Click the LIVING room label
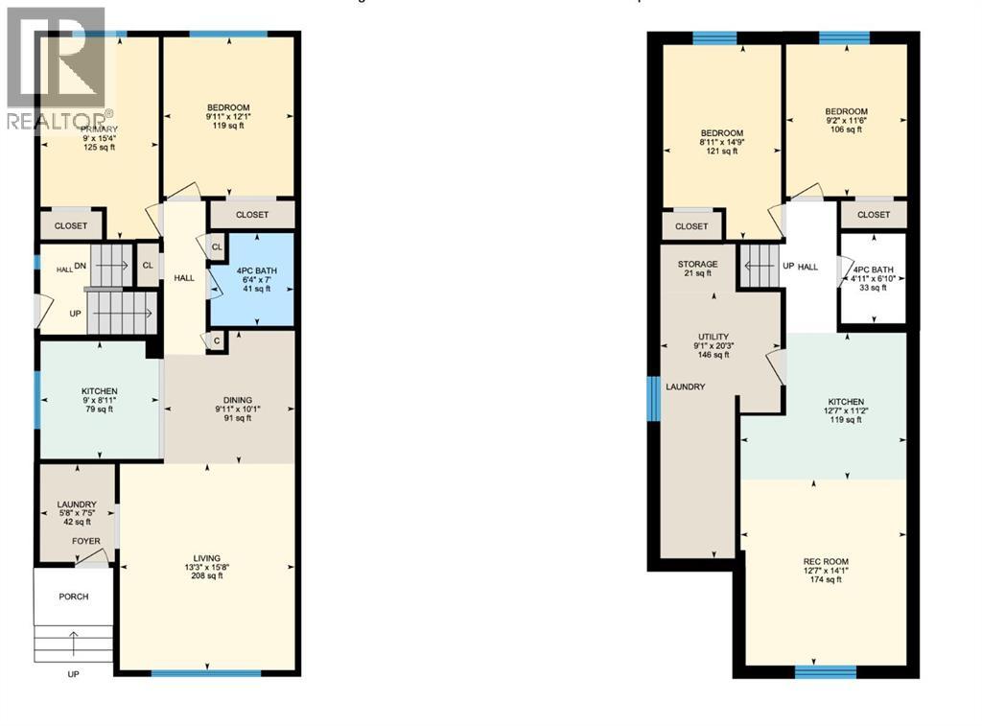tap(206, 558)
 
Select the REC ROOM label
tap(826, 561)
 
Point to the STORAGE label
tap(697, 265)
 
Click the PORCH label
tap(73, 597)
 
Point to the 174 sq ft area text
tap(826, 579)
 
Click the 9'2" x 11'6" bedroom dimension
tap(847, 121)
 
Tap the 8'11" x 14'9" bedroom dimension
tap(721, 142)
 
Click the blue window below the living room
tap(206, 673)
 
